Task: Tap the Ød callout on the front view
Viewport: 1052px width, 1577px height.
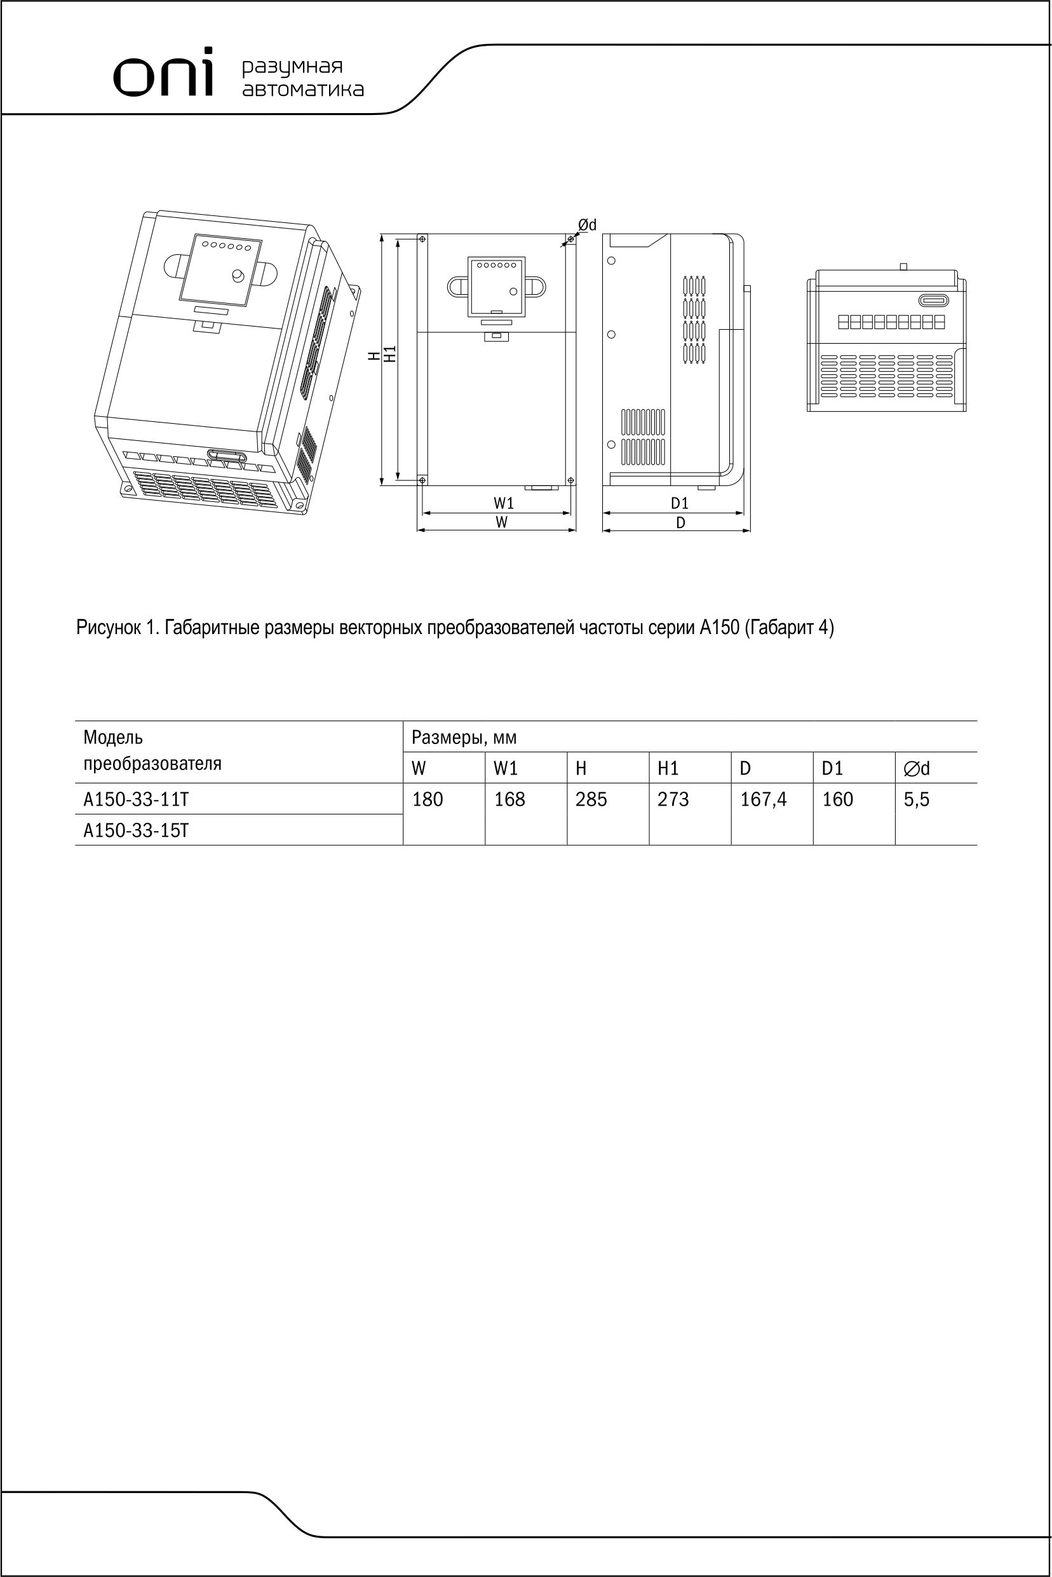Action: pyautogui.click(x=587, y=225)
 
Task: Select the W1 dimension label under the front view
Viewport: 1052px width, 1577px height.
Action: pyautogui.click(x=503, y=503)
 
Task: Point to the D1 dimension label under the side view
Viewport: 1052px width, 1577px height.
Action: pyautogui.click(x=680, y=503)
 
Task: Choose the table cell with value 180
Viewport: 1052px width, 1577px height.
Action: pyautogui.click(x=428, y=799)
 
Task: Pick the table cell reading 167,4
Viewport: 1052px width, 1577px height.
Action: pyautogui.click(x=763, y=799)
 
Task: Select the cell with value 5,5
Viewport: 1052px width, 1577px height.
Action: pyautogui.click(x=917, y=799)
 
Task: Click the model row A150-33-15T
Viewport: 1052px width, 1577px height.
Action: pyautogui.click(x=136, y=830)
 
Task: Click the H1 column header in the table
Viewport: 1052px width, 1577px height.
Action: pyautogui.click(x=668, y=768)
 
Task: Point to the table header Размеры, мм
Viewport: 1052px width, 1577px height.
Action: pyautogui.click(x=464, y=738)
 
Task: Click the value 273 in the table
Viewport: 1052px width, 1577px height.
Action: pyautogui.click(x=673, y=799)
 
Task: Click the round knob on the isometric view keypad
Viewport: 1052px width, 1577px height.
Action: pyautogui.click(x=238, y=275)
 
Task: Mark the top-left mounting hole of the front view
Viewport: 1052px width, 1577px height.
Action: pyautogui.click(x=421, y=240)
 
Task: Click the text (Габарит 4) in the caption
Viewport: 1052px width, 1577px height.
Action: pyautogui.click(x=789, y=628)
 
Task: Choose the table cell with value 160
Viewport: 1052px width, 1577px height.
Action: pyautogui.click(x=837, y=799)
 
